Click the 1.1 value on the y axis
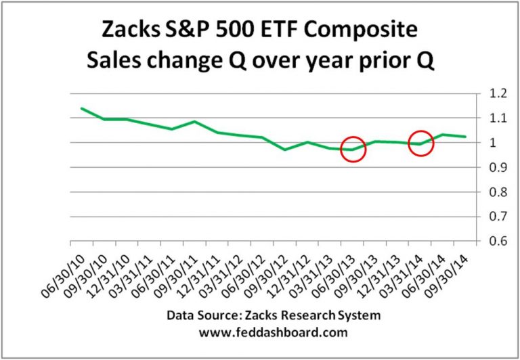click(x=494, y=118)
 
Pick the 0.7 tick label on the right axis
click(x=494, y=217)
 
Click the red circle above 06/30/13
click(x=353, y=149)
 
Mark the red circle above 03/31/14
click(x=421, y=143)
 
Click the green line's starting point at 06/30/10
click(x=81, y=108)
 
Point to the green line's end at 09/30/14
click(x=465, y=137)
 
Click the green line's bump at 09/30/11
click(x=194, y=122)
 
